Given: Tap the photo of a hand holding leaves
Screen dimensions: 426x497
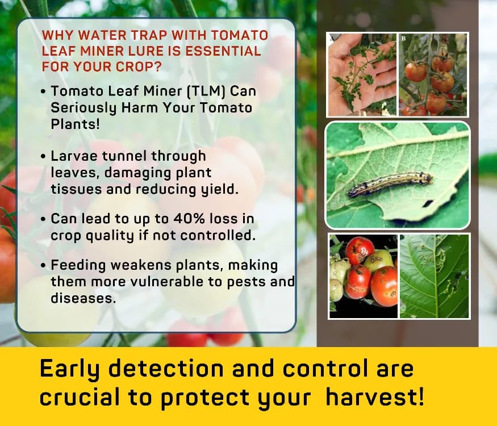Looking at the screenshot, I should (x=362, y=74).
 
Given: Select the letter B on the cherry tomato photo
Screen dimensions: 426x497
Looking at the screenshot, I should (x=404, y=39).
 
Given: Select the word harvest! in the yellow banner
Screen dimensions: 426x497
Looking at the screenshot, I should (x=374, y=396).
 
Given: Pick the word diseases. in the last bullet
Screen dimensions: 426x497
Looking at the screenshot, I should (x=83, y=298).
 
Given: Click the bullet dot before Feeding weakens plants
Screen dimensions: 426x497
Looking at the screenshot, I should (x=44, y=266).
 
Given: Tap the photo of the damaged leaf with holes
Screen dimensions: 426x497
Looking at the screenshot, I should (x=434, y=275).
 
